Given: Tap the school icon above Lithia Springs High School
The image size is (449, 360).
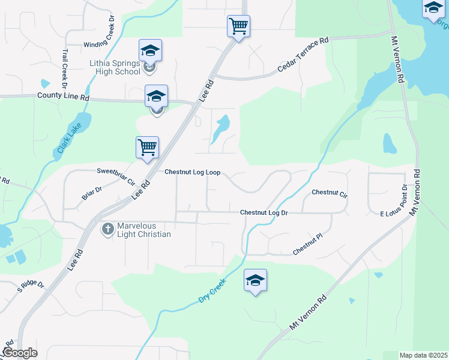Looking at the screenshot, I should click(x=150, y=50).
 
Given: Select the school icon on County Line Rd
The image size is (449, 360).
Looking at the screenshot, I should click(x=156, y=96).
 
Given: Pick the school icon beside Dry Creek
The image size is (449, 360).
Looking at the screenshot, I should click(x=256, y=280).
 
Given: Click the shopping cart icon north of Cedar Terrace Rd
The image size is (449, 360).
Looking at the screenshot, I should click(x=238, y=26).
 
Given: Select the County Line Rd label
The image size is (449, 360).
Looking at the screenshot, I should click(x=63, y=96).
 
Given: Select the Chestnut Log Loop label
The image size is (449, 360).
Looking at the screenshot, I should click(x=193, y=172).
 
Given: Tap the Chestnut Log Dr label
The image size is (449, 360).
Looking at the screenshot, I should click(x=264, y=212).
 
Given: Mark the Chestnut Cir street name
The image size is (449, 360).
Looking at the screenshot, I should click(x=330, y=193).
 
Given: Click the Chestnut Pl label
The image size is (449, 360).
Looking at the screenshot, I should click(x=308, y=245).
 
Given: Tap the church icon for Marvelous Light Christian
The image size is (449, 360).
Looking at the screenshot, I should click(x=108, y=229).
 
